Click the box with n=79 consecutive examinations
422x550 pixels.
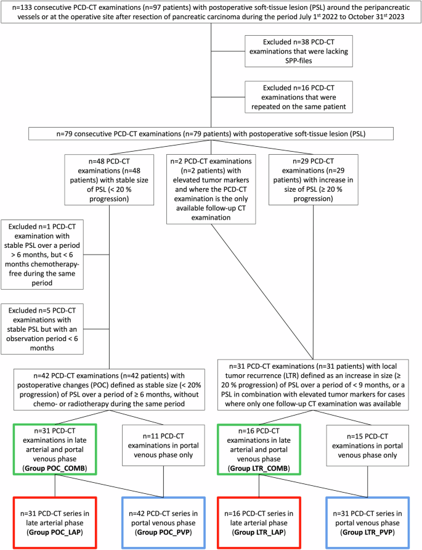coord(211,133)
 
